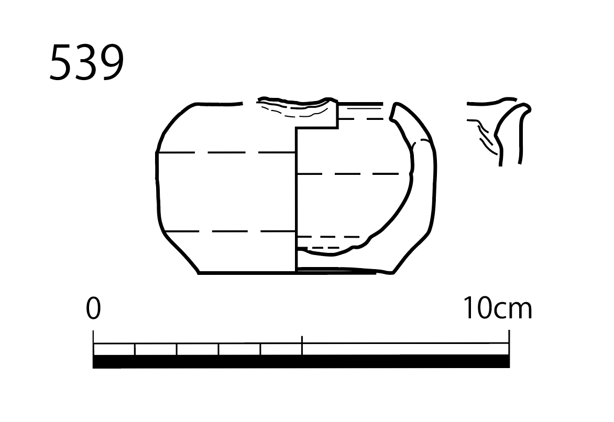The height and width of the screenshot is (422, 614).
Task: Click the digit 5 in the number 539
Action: tap(62, 63)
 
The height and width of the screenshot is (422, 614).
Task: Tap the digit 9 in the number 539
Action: tap(112, 63)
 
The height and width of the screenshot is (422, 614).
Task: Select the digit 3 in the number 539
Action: tap(87, 63)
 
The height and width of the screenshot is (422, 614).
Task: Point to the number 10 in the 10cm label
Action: tap(477, 308)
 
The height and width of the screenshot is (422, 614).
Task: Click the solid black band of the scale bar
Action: tap(301, 361)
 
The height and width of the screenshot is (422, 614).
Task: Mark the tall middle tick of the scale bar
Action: tap(302, 345)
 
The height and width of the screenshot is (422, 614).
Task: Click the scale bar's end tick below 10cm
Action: tap(509, 342)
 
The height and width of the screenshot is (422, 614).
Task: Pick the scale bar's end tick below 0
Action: tap(93, 342)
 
